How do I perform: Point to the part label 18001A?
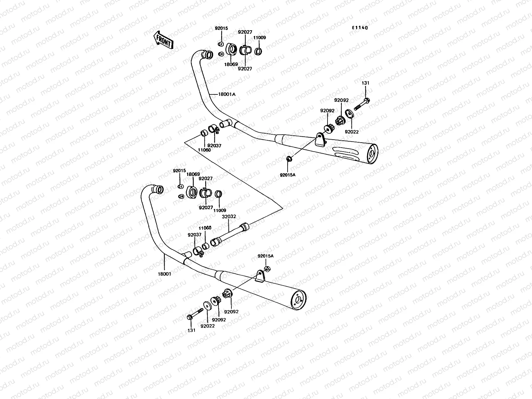(x=227, y=94)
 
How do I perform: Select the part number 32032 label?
(x=229, y=216)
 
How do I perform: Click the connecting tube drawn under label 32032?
(x=229, y=234)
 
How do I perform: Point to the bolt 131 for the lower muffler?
(x=195, y=314)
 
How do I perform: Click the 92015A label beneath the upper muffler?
(x=287, y=175)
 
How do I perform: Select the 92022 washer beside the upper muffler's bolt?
(x=349, y=114)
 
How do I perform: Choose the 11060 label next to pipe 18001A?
(x=204, y=150)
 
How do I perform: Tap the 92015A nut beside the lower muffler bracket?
(x=267, y=268)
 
